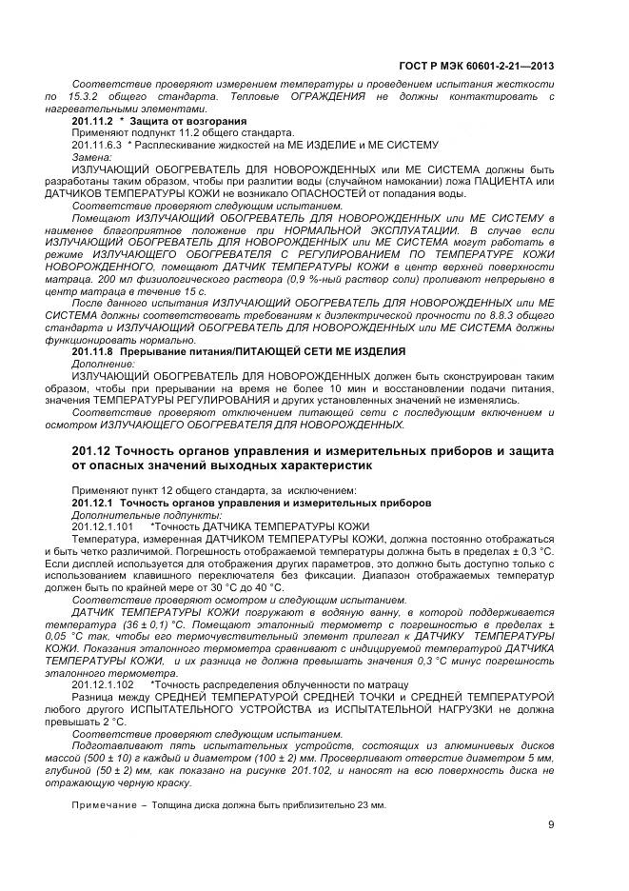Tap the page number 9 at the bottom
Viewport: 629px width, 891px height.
(551, 825)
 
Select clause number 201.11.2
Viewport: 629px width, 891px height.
(91, 122)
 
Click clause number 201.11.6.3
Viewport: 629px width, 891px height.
(97, 145)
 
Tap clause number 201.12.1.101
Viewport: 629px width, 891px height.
(102, 525)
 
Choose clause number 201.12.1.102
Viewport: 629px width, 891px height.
(102, 684)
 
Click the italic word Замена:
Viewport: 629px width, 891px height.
(90, 156)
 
